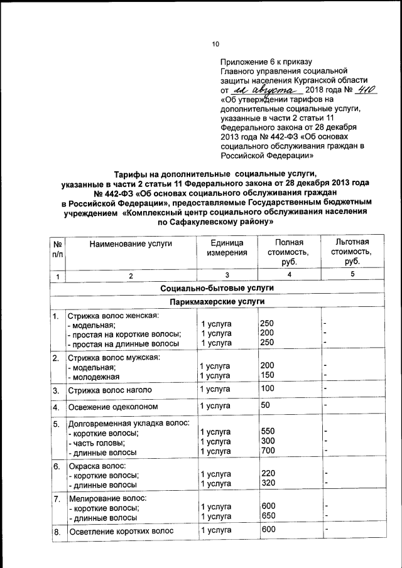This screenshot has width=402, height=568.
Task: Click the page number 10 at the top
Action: tap(215, 44)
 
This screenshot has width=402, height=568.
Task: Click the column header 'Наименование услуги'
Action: tap(130, 243)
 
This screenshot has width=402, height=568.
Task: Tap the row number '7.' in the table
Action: tap(57, 498)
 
